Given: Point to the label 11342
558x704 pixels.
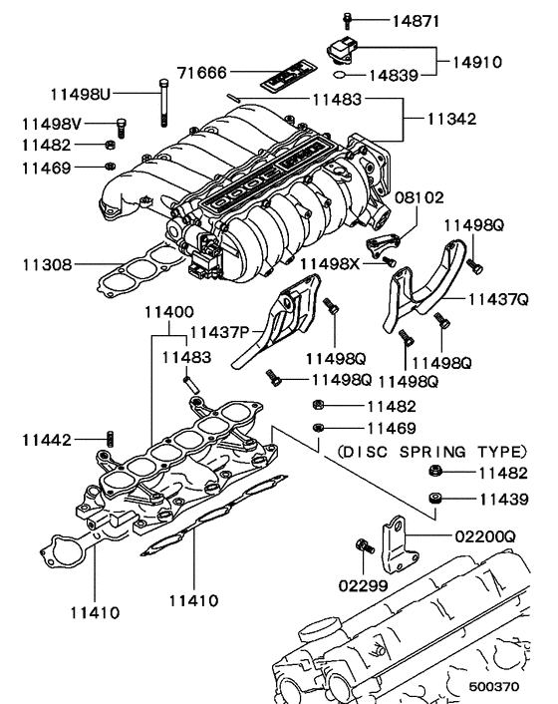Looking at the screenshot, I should [x=450, y=119].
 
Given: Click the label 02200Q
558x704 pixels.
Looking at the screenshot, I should [x=486, y=536].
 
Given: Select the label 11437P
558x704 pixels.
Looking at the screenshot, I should [x=221, y=331].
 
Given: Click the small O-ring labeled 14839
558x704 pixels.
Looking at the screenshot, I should [x=341, y=74].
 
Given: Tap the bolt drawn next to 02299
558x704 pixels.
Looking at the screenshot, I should [x=362, y=546].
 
